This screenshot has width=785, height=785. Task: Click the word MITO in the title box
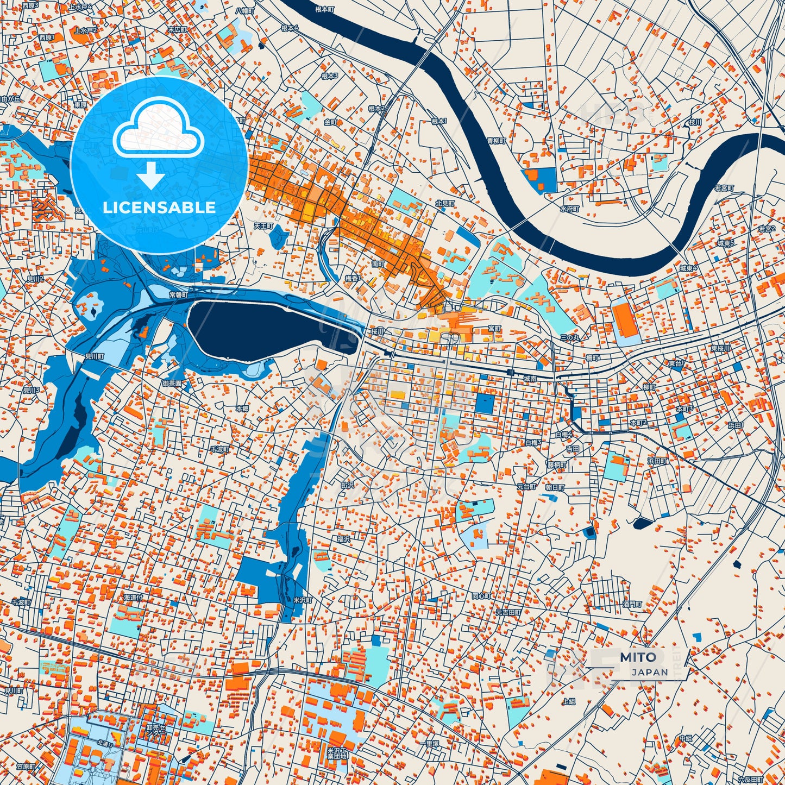(638, 657)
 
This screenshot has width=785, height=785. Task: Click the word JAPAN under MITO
(650, 672)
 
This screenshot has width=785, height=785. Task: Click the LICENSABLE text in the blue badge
(159, 208)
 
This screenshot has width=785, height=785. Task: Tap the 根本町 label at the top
(325, 9)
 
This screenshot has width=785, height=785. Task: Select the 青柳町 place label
(496, 141)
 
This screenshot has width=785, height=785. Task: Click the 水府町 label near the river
(570, 209)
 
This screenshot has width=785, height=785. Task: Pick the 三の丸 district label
(570, 337)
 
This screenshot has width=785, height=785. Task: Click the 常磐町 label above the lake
(178, 294)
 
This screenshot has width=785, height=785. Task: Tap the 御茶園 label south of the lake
(172, 384)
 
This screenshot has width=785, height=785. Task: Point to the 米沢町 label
(303, 600)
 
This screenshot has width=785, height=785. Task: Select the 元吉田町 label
(508, 612)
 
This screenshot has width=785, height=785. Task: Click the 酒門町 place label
(632, 604)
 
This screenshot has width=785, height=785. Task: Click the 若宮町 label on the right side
(724, 188)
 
